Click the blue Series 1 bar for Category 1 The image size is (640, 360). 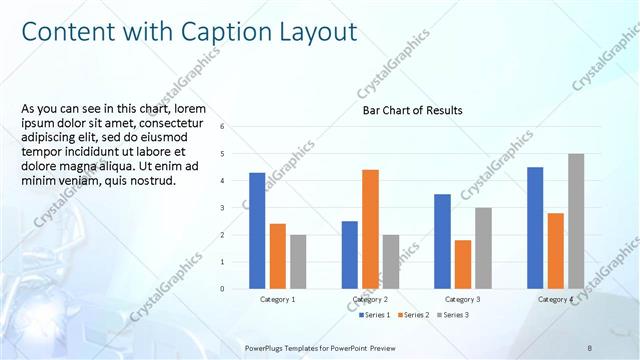[x=257, y=231]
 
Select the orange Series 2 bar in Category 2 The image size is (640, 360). [x=370, y=229]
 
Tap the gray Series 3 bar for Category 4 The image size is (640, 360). [x=576, y=221]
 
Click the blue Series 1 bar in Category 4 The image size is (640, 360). [x=535, y=228]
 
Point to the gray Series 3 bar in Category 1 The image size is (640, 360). [x=298, y=262]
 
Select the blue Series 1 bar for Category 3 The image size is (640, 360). [x=443, y=241]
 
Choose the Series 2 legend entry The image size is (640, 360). [x=414, y=315]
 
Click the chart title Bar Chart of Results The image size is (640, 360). [x=412, y=110]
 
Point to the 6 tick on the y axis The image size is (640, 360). [x=236, y=127]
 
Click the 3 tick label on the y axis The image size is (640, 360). [x=236, y=208]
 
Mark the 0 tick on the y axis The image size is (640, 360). [x=236, y=289]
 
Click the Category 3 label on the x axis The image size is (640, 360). [x=463, y=299]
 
